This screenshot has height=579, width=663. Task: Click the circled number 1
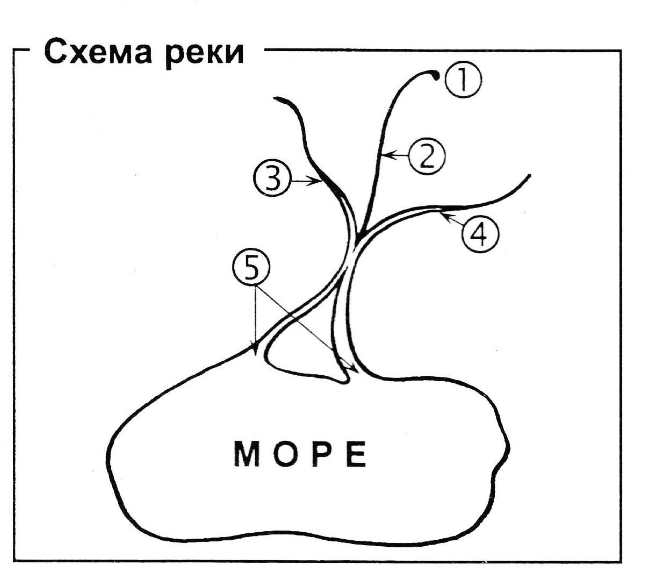click(x=463, y=79)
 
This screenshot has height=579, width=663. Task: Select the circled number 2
click(x=427, y=156)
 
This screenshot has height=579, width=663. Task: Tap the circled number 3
click(x=272, y=178)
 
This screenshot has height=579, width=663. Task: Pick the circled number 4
click(x=480, y=234)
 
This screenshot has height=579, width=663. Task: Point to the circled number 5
click(x=251, y=269)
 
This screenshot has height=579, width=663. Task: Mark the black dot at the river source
click(x=436, y=76)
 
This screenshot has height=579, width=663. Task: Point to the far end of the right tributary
click(x=529, y=176)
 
